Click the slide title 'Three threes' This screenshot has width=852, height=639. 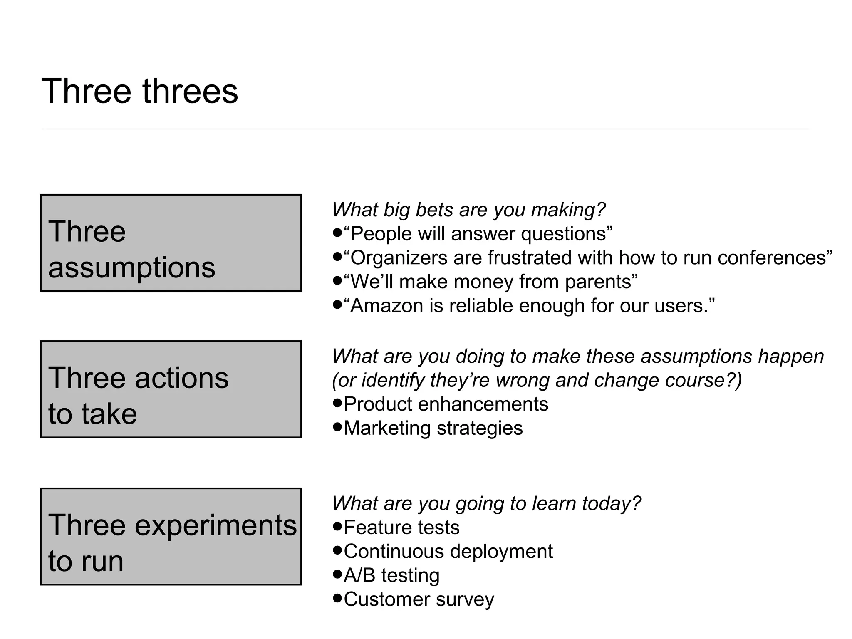click(x=140, y=91)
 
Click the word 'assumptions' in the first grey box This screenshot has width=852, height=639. click(x=131, y=267)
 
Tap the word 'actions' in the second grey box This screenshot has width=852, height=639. click(x=181, y=378)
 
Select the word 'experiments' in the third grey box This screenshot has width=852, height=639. click(x=215, y=525)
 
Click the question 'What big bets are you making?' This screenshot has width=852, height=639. click(x=468, y=210)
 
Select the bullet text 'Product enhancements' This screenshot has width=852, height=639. click(x=446, y=404)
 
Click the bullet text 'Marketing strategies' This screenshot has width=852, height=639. click(x=433, y=428)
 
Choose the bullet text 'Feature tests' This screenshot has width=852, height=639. click(x=401, y=528)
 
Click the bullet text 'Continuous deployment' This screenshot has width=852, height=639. click(x=448, y=552)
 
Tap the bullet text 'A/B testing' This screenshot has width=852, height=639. click(x=391, y=576)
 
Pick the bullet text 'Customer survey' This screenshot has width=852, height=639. click(x=419, y=600)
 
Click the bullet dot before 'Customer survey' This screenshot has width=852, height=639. click(x=337, y=599)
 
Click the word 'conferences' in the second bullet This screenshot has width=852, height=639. click(x=772, y=258)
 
